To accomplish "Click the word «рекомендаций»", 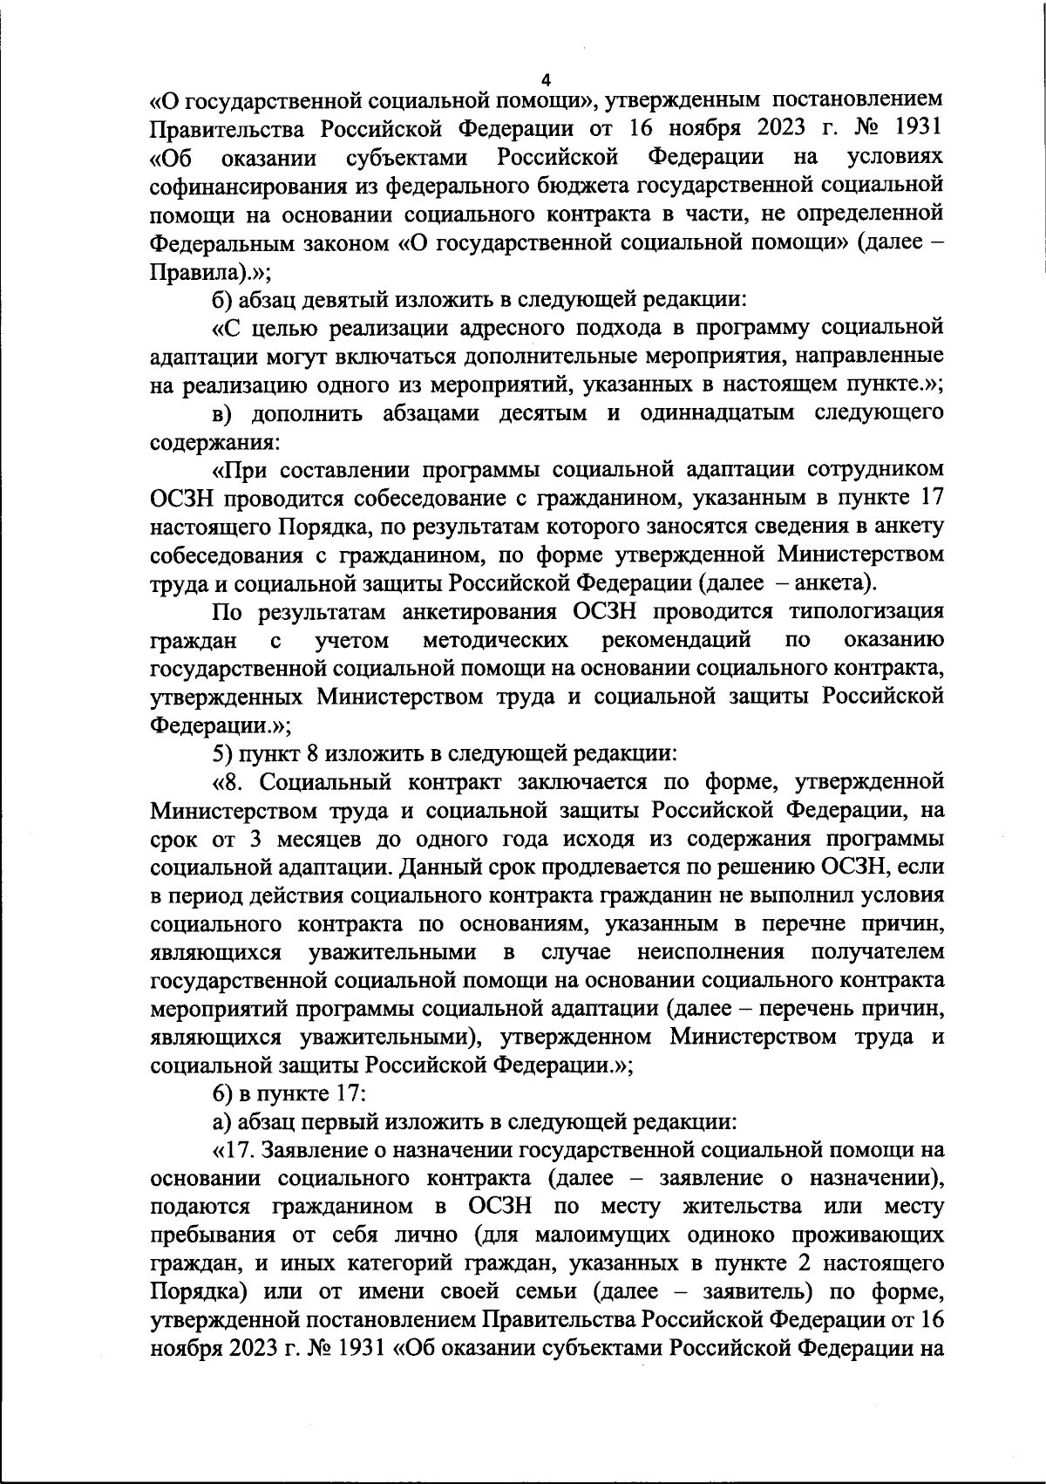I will (676, 640).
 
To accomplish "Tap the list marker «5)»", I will (224, 753).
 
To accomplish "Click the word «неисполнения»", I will (710, 951).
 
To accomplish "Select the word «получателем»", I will (877, 951).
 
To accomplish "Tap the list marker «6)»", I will (224, 1093).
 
